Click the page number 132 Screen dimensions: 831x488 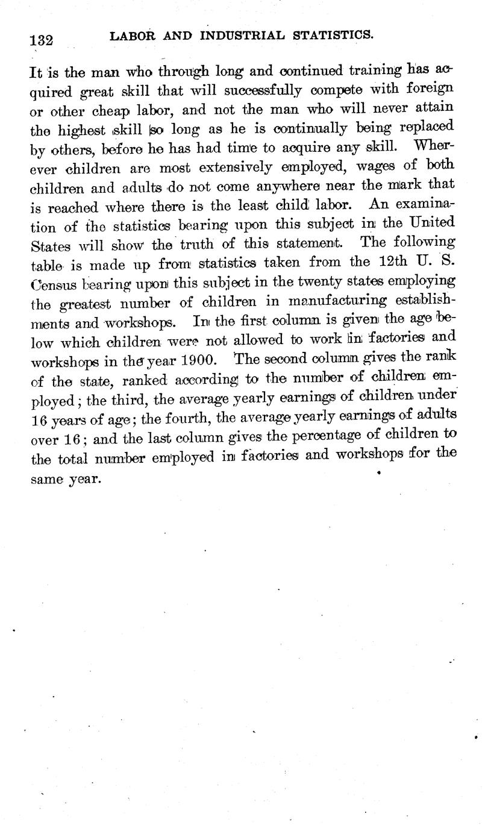pyautogui.click(x=42, y=40)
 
